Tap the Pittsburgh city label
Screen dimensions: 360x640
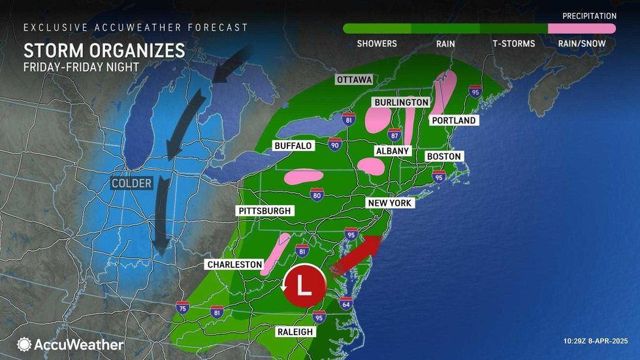click(264, 211)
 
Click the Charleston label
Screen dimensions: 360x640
click(234, 265)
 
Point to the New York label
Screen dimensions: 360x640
click(389, 203)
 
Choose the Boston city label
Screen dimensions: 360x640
click(444, 157)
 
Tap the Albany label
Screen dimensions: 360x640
click(392, 151)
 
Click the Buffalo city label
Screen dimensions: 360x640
click(293, 145)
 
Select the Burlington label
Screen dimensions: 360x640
click(401, 103)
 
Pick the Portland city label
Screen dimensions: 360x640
click(453, 121)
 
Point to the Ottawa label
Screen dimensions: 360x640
click(354, 80)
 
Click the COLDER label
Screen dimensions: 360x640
click(131, 184)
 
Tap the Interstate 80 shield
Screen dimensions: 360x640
click(316, 194)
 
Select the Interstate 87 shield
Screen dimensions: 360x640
click(394, 135)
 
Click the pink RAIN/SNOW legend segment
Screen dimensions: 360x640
click(581, 29)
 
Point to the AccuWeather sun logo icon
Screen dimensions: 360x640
click(24, 344)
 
